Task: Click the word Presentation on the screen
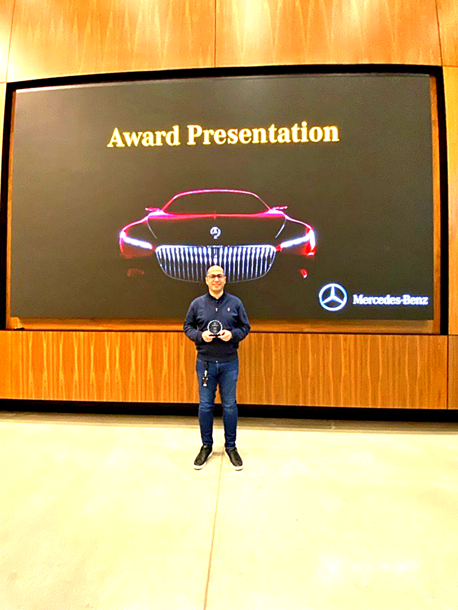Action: pyautogui.click(x=263, y=134)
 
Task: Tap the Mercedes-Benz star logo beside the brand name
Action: pyautogui.click(x=333, y=297)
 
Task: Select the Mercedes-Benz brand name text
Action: pyautogui.click(x=390, y=299)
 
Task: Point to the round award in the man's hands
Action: pyautogui.click(x=215, y=327)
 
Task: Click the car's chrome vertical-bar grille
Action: pyautogui.click(x=215, y=263)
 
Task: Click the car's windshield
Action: pyautogui.click(x=216, y=203)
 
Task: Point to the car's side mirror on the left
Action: pyautogui.click(x=153, y=210)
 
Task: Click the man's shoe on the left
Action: pyautogui.click(x=202, y=457)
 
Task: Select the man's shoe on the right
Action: pyautogui.click(x=234, y=458)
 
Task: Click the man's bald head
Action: pyautogui.click(x=215, y=269)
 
